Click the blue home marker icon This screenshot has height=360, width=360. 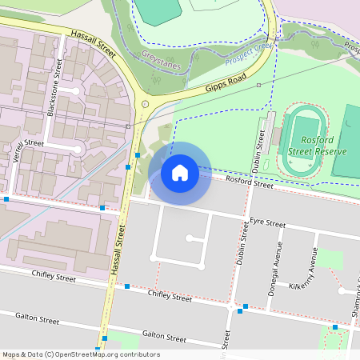click(x=180, y=172)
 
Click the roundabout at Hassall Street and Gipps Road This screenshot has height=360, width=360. click(x=145, y=104)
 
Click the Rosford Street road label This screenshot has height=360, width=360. click(x=250, y=183)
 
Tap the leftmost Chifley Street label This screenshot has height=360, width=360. click(x=54, y=278)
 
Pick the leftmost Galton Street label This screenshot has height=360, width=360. click(x=37, y=319)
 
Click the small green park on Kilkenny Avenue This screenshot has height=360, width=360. click(x=330, y=260)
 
